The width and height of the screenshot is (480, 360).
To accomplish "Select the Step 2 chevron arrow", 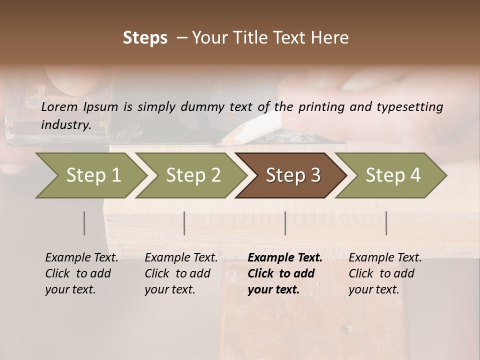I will (190, 175).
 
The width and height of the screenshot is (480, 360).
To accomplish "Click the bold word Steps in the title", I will (145, 38).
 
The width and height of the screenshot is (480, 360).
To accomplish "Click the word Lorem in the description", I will (59, 106).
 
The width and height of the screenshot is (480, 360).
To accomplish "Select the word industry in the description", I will (65, 124).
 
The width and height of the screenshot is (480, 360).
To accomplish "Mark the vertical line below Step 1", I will (84, 223).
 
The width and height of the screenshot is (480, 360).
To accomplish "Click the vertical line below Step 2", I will (184, 223).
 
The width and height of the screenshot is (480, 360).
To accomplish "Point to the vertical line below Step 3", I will (285, 223).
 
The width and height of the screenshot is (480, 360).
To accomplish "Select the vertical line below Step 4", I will (386, 223).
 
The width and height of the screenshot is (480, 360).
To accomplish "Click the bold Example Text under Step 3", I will (285, 258).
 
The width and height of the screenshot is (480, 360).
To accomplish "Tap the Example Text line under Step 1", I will (81, 258).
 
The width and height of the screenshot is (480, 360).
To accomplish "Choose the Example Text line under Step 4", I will (385, 258).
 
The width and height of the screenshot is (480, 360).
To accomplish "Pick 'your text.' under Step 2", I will (169, 289).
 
